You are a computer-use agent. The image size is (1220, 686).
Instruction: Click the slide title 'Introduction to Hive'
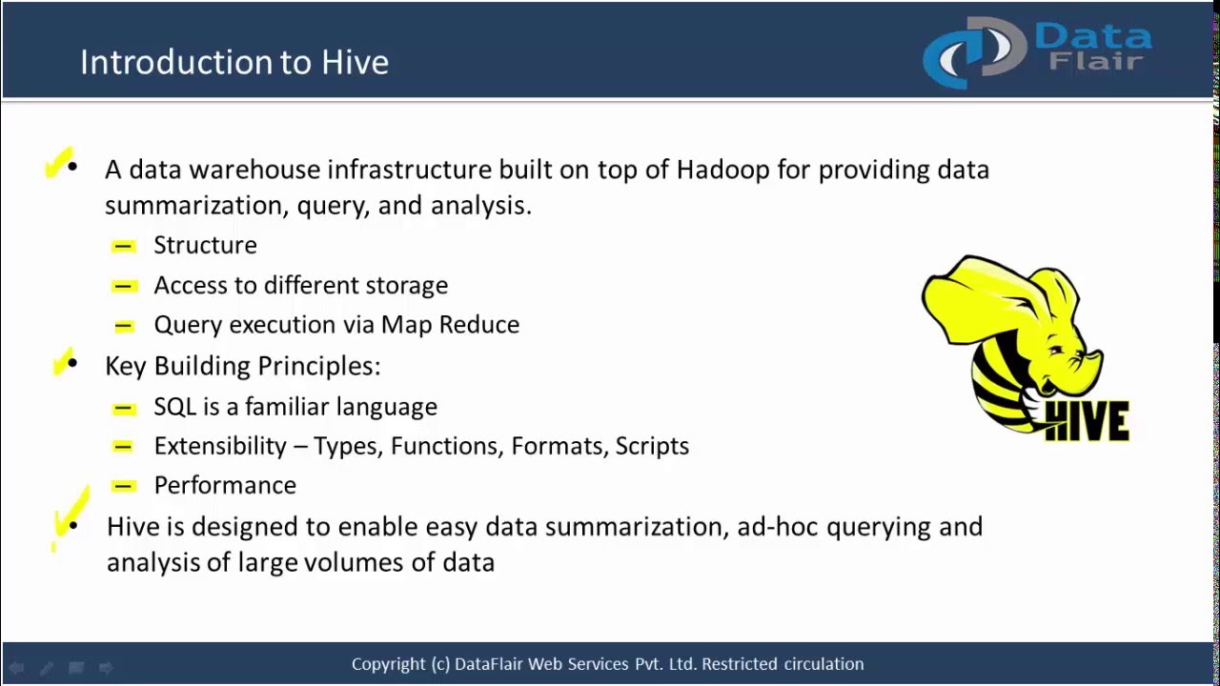click(234, 62)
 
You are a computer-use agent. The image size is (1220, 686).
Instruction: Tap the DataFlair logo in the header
click(1037, 51)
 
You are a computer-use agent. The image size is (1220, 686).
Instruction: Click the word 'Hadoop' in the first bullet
click(722, 170)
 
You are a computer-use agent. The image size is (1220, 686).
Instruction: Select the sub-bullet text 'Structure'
click(205, 245)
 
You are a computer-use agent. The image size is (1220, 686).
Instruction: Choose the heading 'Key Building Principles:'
click(242, 366)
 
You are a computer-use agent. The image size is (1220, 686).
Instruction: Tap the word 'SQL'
click(174, 407)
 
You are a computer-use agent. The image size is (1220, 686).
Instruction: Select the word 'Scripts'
click(652, 446)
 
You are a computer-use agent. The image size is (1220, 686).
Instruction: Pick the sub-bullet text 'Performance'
click(225, 485)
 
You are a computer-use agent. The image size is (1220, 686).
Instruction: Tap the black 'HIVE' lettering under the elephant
click(1088, 421)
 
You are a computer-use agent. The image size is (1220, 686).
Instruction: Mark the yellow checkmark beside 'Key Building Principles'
click(64, 362)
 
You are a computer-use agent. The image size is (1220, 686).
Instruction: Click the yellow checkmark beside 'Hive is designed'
click(69, 517)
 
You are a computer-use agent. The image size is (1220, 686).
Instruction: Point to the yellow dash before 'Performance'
click(123, 486)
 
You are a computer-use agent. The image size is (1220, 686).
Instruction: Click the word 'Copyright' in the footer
click(388, 664)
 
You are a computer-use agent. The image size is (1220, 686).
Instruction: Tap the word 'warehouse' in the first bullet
click(254, 170)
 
